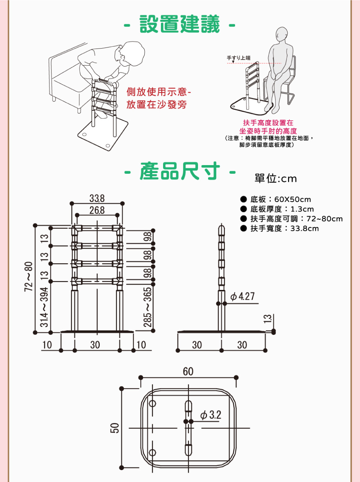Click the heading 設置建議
pos(180,24)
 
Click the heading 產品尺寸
pos(180,171)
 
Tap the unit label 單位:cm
pos(275,178)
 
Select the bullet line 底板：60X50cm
pos(280,199)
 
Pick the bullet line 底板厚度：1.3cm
pos(282,209)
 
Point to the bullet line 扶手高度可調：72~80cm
pos(296,219)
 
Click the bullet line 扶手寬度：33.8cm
pos(284,228)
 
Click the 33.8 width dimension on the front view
pos(97,198)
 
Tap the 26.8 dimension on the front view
pos(97,210)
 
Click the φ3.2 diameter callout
pos(211,415)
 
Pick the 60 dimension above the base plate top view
pos(188,372)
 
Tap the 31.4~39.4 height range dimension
pos(44,307)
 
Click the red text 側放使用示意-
pos(158,92)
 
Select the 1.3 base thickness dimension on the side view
pos(267,319)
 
